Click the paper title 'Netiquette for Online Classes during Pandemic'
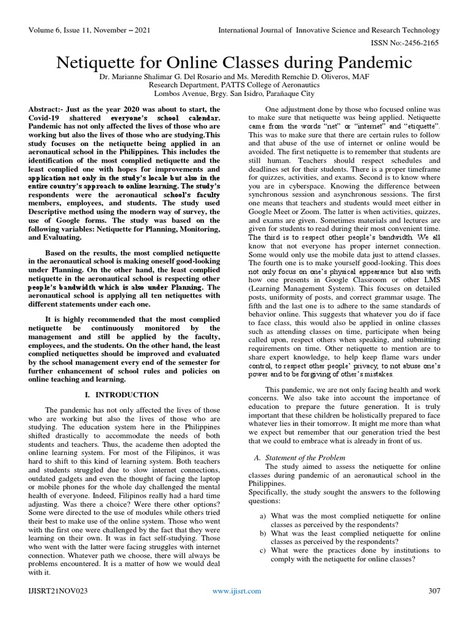click(234, 63)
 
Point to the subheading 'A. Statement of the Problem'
click(299, 457)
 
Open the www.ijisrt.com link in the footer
click(236, 591)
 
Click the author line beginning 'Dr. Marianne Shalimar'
click(234, 78)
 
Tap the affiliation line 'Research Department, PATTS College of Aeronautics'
click(234, 86)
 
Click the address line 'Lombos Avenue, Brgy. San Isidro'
click(234, 95)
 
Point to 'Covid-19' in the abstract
click(45, 117)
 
